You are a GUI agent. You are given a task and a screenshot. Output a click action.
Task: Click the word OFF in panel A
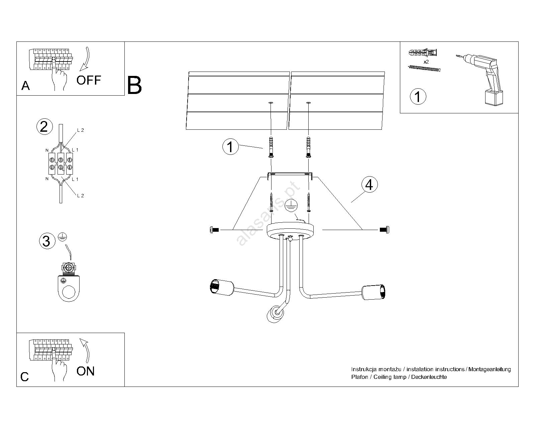[x=89, y=80]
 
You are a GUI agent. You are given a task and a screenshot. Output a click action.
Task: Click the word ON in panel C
[x=86, y=371]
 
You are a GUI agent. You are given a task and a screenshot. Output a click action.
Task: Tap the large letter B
[x=134, y=86]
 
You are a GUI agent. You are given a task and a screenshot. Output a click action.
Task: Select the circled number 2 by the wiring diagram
[x=44, y=127]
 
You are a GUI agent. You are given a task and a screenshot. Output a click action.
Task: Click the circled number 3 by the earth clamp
[x=46, y=241]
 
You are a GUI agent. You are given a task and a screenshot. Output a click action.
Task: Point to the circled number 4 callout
[x=369, y=185]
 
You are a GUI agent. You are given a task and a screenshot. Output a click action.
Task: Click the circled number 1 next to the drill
[x=418, y=97]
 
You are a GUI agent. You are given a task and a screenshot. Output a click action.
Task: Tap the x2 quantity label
[x=426, y=62]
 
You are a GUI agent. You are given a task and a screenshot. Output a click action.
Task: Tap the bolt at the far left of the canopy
[x=214, y=230]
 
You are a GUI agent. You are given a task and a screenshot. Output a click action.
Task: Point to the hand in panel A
[x=60, y=77]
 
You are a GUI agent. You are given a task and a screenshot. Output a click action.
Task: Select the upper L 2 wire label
[x=80, y=130]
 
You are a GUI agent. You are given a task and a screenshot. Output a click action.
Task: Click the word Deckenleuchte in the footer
[x=429, y=377]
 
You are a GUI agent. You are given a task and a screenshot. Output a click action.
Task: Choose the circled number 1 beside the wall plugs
[x=230, y=147]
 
